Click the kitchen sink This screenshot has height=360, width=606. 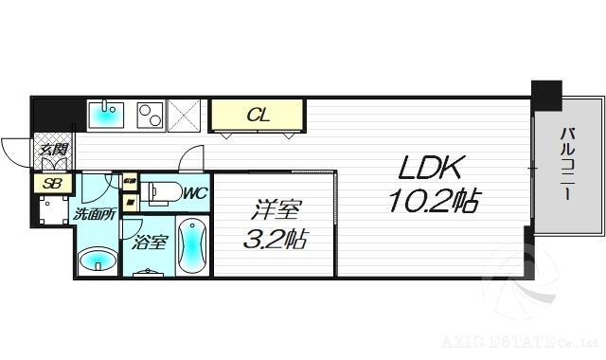[106, 116]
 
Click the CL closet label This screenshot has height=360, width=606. [257, 117]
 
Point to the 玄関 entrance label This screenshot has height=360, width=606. [52, 149]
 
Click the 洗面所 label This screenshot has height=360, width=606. [95, 214]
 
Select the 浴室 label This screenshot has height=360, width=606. [151, 242]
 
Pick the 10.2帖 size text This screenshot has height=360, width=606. [432, 201]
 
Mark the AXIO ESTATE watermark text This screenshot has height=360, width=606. [528, 336]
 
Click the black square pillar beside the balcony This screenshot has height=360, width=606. [545, 95]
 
